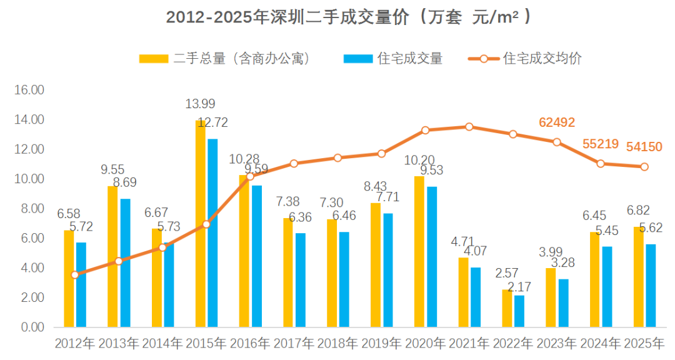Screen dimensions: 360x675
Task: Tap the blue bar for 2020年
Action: coord(432,256)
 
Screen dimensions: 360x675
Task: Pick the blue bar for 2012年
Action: coord(81,284)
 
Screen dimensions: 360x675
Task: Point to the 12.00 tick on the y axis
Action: coord(29,149)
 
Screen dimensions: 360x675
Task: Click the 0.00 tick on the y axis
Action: coord(29,327)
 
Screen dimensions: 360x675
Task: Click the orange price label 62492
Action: coord(557,122)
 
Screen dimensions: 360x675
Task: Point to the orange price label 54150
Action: coord(644,147)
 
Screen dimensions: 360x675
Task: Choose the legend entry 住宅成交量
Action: coord(409,59)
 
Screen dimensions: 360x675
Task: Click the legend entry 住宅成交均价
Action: coord(542,59)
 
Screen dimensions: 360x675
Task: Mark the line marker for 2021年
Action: coord(469,127)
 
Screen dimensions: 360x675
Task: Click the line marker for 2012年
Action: coord(75,275)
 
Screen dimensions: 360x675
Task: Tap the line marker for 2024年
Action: coord(601,164)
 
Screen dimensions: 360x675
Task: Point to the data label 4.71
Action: coord(463,241)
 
